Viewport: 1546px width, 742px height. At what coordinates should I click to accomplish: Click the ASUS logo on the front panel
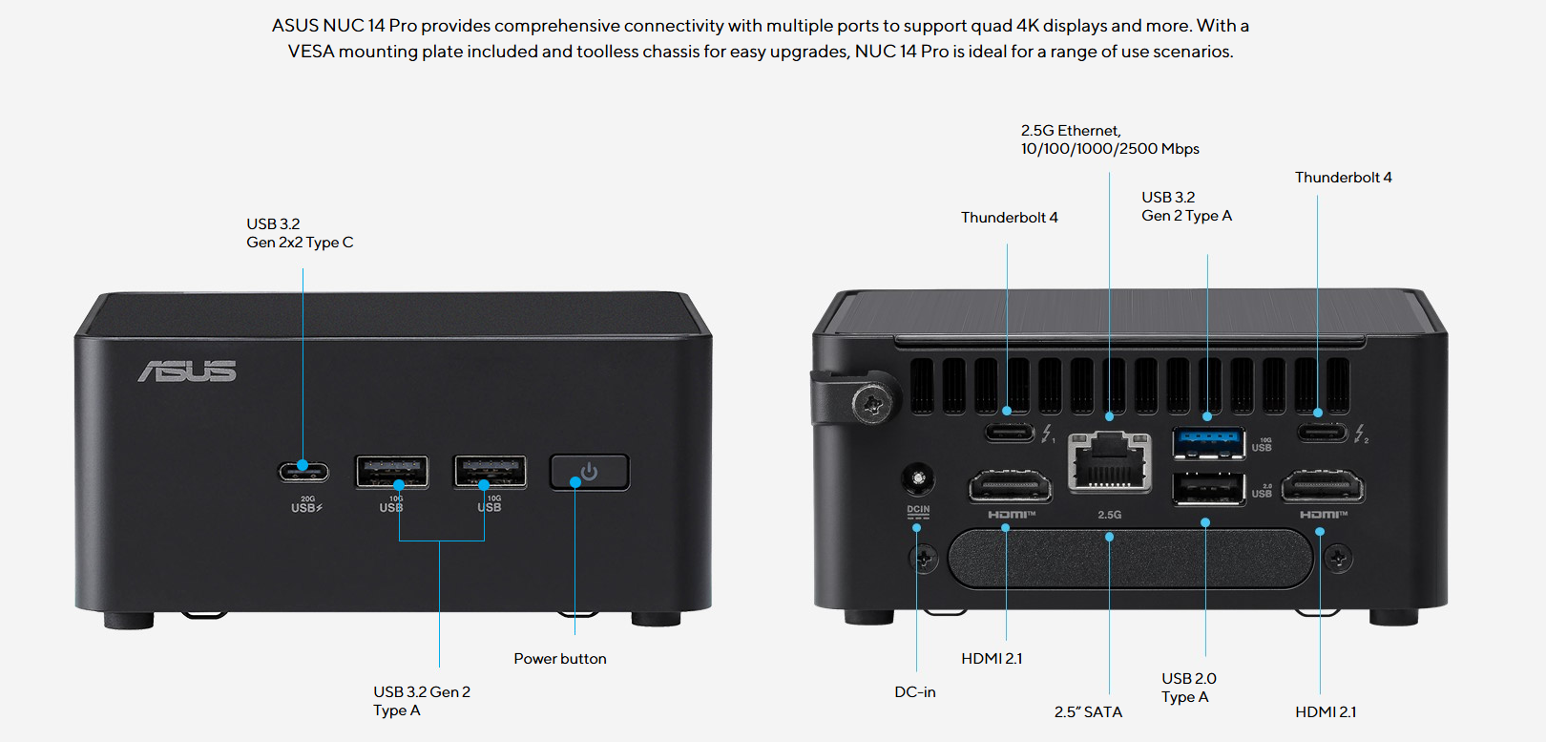pos(187,371)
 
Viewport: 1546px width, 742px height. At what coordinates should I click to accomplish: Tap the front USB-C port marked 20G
pos(303,472)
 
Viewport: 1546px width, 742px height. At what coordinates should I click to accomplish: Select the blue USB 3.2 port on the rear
pos(1208,442)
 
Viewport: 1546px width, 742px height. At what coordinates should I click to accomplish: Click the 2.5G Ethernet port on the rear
pos(1109,463)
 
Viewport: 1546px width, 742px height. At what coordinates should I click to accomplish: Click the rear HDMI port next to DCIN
pos(1010,487)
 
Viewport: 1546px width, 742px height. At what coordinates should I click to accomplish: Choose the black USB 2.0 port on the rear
pos(1208,488)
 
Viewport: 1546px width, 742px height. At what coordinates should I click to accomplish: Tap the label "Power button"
pos(560,659)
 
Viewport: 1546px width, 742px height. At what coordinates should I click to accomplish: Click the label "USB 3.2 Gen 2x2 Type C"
pos(300,233)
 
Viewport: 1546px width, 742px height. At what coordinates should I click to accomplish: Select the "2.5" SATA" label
pos(1088,712)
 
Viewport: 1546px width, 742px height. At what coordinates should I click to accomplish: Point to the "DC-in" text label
pos(915,692)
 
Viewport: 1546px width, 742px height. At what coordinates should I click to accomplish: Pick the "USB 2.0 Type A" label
pos(1188,688)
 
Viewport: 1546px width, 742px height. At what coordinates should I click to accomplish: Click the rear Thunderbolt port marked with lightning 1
pos(1010,433)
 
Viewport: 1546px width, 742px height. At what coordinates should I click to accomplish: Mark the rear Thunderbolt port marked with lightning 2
pos(1322,433)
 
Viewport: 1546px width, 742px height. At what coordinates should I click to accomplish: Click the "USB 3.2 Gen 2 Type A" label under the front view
pos(421,701)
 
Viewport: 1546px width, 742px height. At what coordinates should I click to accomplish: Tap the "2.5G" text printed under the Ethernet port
pos(1109,515)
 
